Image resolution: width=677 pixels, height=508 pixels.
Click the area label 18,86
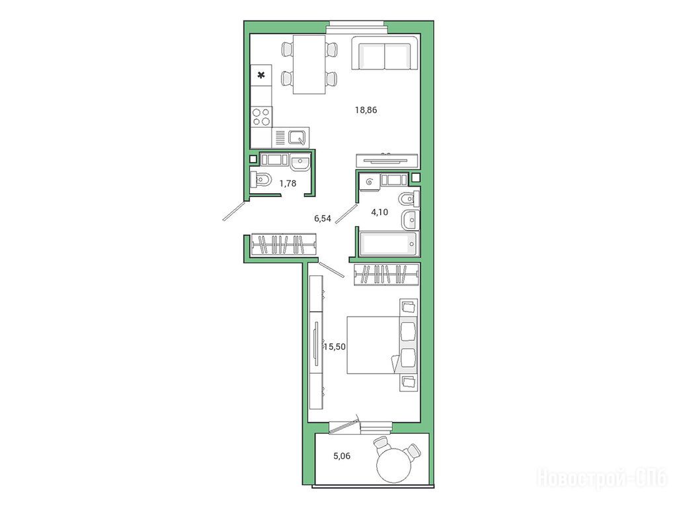[366, 110]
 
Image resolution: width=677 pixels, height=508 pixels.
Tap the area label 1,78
[288, 184]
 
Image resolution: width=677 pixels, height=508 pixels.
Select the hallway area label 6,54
[323, 218]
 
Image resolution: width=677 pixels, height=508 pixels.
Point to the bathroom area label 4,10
[379, 212]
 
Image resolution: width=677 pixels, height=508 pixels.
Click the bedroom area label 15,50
[335, 347]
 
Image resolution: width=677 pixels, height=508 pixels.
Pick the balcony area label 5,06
[342, 456]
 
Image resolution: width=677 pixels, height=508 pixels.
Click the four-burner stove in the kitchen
[261, 116]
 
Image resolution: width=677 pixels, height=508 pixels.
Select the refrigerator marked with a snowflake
[261, 75]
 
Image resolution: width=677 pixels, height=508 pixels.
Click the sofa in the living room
[385, 53]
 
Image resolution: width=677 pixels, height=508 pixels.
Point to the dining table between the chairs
[309, 64]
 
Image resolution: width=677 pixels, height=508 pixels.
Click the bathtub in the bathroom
[389, 244]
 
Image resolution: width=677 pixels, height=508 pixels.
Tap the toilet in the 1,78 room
[260, 179]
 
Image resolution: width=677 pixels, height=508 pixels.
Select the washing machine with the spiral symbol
[370, 182]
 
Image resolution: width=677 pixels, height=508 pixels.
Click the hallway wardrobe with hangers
[283, 245]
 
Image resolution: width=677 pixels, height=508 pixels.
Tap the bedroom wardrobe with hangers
[386, 275]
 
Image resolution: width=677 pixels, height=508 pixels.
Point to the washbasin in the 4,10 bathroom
[410, 220]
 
